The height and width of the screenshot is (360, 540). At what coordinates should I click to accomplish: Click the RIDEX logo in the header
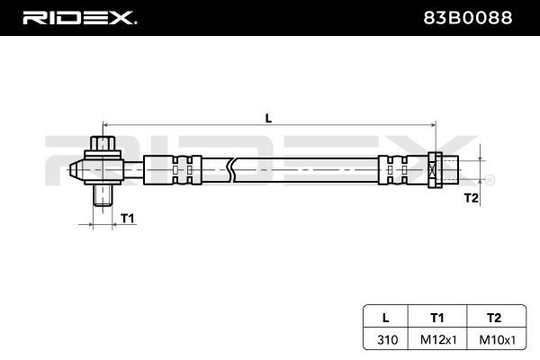(x=79, y=17)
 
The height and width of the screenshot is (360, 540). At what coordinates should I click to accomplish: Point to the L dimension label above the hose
(x=267, y=115)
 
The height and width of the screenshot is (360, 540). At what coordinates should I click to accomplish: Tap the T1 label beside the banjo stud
(x=127, y=219)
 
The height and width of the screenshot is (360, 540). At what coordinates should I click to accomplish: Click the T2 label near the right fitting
(x=470, y=197)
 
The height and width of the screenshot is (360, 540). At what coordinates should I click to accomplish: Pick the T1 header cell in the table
(x=437, y=317)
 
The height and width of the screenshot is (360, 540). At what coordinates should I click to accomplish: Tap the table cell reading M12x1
(x=437, y=340)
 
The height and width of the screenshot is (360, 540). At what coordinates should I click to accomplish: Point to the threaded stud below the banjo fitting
(x=103, y=195)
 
